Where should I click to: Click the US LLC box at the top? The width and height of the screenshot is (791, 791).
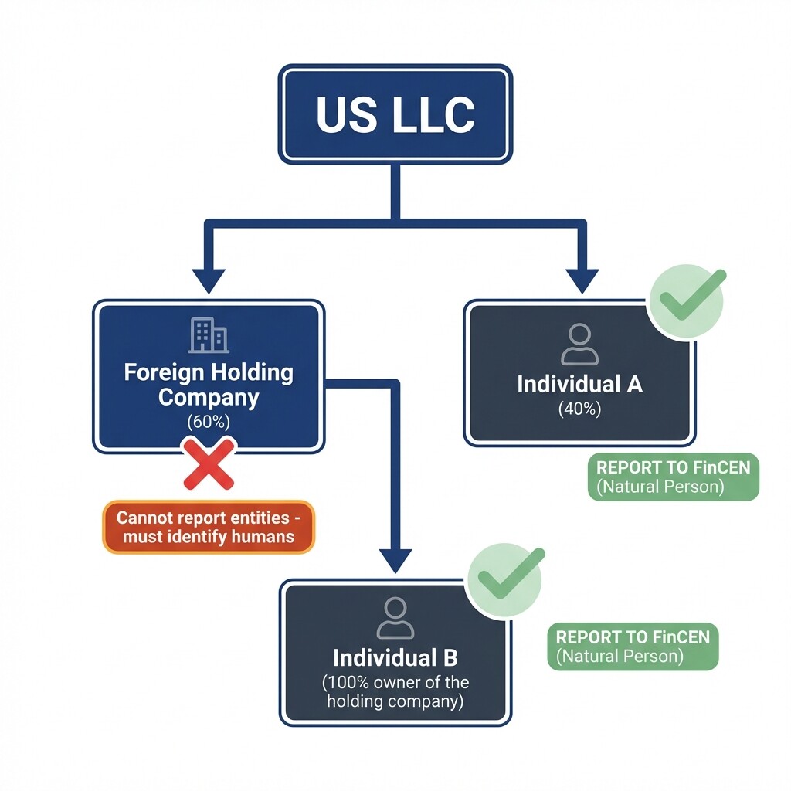(395, 114)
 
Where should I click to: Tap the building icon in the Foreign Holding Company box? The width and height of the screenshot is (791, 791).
(209, 335)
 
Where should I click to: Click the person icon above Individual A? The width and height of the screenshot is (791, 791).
(579, 345)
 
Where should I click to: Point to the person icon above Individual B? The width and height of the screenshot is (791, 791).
(395, 618)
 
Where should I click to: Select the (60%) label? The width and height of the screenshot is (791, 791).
(209, 422)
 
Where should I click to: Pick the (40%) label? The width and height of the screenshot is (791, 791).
(579, 409)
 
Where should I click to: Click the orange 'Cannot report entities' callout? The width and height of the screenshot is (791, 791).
(209, 526)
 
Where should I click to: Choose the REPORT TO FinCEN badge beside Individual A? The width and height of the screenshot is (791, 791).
(673, 477)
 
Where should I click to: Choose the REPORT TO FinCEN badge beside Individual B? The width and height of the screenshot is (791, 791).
(633, 646)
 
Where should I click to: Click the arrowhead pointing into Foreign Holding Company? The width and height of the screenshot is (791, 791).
(209, 280)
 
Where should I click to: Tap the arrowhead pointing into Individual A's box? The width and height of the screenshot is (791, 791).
(582, 280)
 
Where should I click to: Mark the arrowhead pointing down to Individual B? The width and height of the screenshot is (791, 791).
(396, 559)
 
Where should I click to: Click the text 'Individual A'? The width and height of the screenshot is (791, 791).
(579, 384)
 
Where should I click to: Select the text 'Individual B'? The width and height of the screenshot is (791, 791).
(395, 658)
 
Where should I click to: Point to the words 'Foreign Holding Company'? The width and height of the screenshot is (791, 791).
(209, 384)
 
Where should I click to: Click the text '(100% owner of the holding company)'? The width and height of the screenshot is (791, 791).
(395, 692)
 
